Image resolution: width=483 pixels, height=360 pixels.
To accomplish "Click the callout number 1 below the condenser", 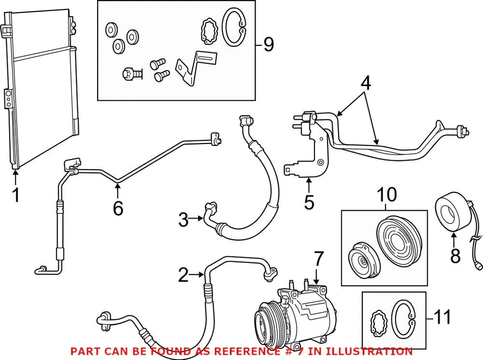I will [x=16, y=195].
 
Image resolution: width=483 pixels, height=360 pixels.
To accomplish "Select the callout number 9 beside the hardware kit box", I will [x=269, y=45].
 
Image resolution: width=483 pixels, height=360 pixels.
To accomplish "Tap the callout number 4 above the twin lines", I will [x=365, y=84].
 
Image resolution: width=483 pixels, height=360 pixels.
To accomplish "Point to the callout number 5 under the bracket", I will [x=309, y=202].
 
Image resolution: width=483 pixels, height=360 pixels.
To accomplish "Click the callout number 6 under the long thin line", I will [x=118, y=207].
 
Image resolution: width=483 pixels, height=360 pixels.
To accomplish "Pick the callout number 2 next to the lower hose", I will [x=184, y=275].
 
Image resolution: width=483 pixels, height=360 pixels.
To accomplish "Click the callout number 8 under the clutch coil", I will [x=455, y=256].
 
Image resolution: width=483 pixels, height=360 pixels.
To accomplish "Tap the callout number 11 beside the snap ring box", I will [x=443, y=317].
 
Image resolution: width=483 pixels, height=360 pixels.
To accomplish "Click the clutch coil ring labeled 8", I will [x=451, y=213].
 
